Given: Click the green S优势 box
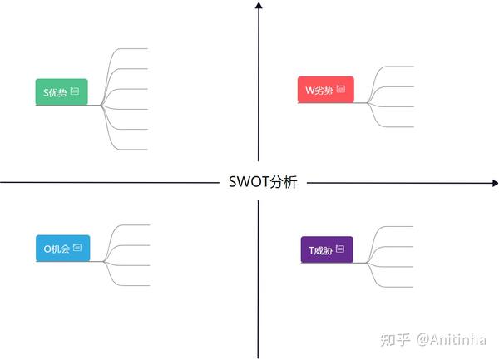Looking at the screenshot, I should tap(60, 91).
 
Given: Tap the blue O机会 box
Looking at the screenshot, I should tap(62, 248).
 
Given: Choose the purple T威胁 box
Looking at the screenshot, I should tap(326, 249).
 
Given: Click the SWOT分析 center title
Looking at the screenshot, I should tap(262, 183).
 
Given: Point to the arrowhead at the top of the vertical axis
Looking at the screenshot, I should tap(259, 7).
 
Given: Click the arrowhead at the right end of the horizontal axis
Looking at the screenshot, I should tap(493, 183).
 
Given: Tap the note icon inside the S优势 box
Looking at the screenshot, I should tap(75, 91).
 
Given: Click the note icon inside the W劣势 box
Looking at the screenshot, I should tap(341, 90).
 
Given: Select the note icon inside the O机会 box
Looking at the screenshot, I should tap(77, 247).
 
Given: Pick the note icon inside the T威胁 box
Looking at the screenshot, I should tap(341, 249).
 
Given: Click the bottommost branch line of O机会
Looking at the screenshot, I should tap(136, 285).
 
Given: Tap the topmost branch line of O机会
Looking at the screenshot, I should tap(136, 224).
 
